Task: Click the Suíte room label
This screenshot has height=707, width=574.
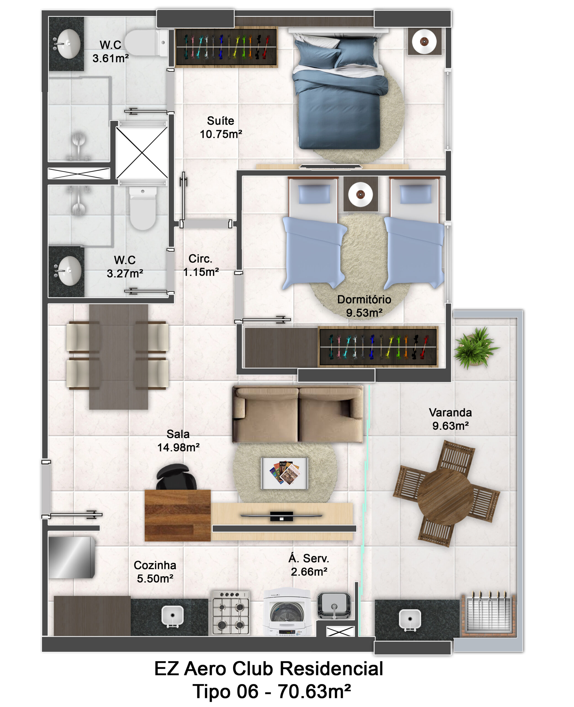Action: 221,121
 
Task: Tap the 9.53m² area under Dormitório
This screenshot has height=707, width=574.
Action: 364,313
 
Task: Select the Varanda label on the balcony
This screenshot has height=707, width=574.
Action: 450,412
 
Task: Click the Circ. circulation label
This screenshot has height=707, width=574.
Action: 200,258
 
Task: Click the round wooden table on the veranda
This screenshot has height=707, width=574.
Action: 445,492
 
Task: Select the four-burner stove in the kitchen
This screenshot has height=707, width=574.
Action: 231,613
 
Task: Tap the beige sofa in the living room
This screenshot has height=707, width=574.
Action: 298,414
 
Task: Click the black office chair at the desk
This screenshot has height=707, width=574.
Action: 176,476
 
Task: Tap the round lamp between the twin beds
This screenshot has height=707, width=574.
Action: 360,194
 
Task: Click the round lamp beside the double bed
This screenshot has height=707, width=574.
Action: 424,41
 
